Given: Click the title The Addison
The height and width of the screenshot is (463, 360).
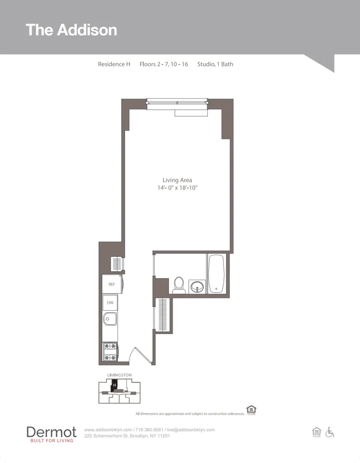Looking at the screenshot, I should click(71, 30).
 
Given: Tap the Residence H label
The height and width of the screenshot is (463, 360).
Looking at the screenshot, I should click(114, 64).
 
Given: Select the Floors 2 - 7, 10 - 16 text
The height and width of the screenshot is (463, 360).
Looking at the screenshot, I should click(163, 64).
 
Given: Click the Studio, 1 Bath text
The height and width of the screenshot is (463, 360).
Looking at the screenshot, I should click(215, 64).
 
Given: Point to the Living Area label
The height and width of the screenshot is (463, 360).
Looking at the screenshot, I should click(177, 180).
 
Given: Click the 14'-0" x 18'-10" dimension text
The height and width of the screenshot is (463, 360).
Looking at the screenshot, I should click(177, 188).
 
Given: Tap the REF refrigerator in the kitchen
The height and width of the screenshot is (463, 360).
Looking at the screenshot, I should click(112, 284).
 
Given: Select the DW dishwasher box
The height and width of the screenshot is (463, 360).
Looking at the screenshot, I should click(110, 303).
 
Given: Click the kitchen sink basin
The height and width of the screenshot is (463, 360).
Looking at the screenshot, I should click(110, 319).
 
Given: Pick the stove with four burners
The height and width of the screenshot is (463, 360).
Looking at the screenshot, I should click(110, 351).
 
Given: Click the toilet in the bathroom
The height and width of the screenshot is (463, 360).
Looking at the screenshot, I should click(179, 285).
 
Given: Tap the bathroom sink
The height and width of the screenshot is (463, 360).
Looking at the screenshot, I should click(197, 287).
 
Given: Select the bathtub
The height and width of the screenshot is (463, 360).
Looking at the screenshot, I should click(216, 274).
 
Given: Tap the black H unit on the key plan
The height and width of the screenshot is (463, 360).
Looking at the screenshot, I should click(114, 384).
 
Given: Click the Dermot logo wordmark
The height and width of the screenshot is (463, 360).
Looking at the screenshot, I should click(51, 432).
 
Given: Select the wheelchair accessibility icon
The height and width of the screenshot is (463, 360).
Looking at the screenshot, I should click(330, 432).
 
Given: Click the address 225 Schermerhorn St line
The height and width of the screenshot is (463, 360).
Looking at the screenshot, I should click(127, 436).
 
